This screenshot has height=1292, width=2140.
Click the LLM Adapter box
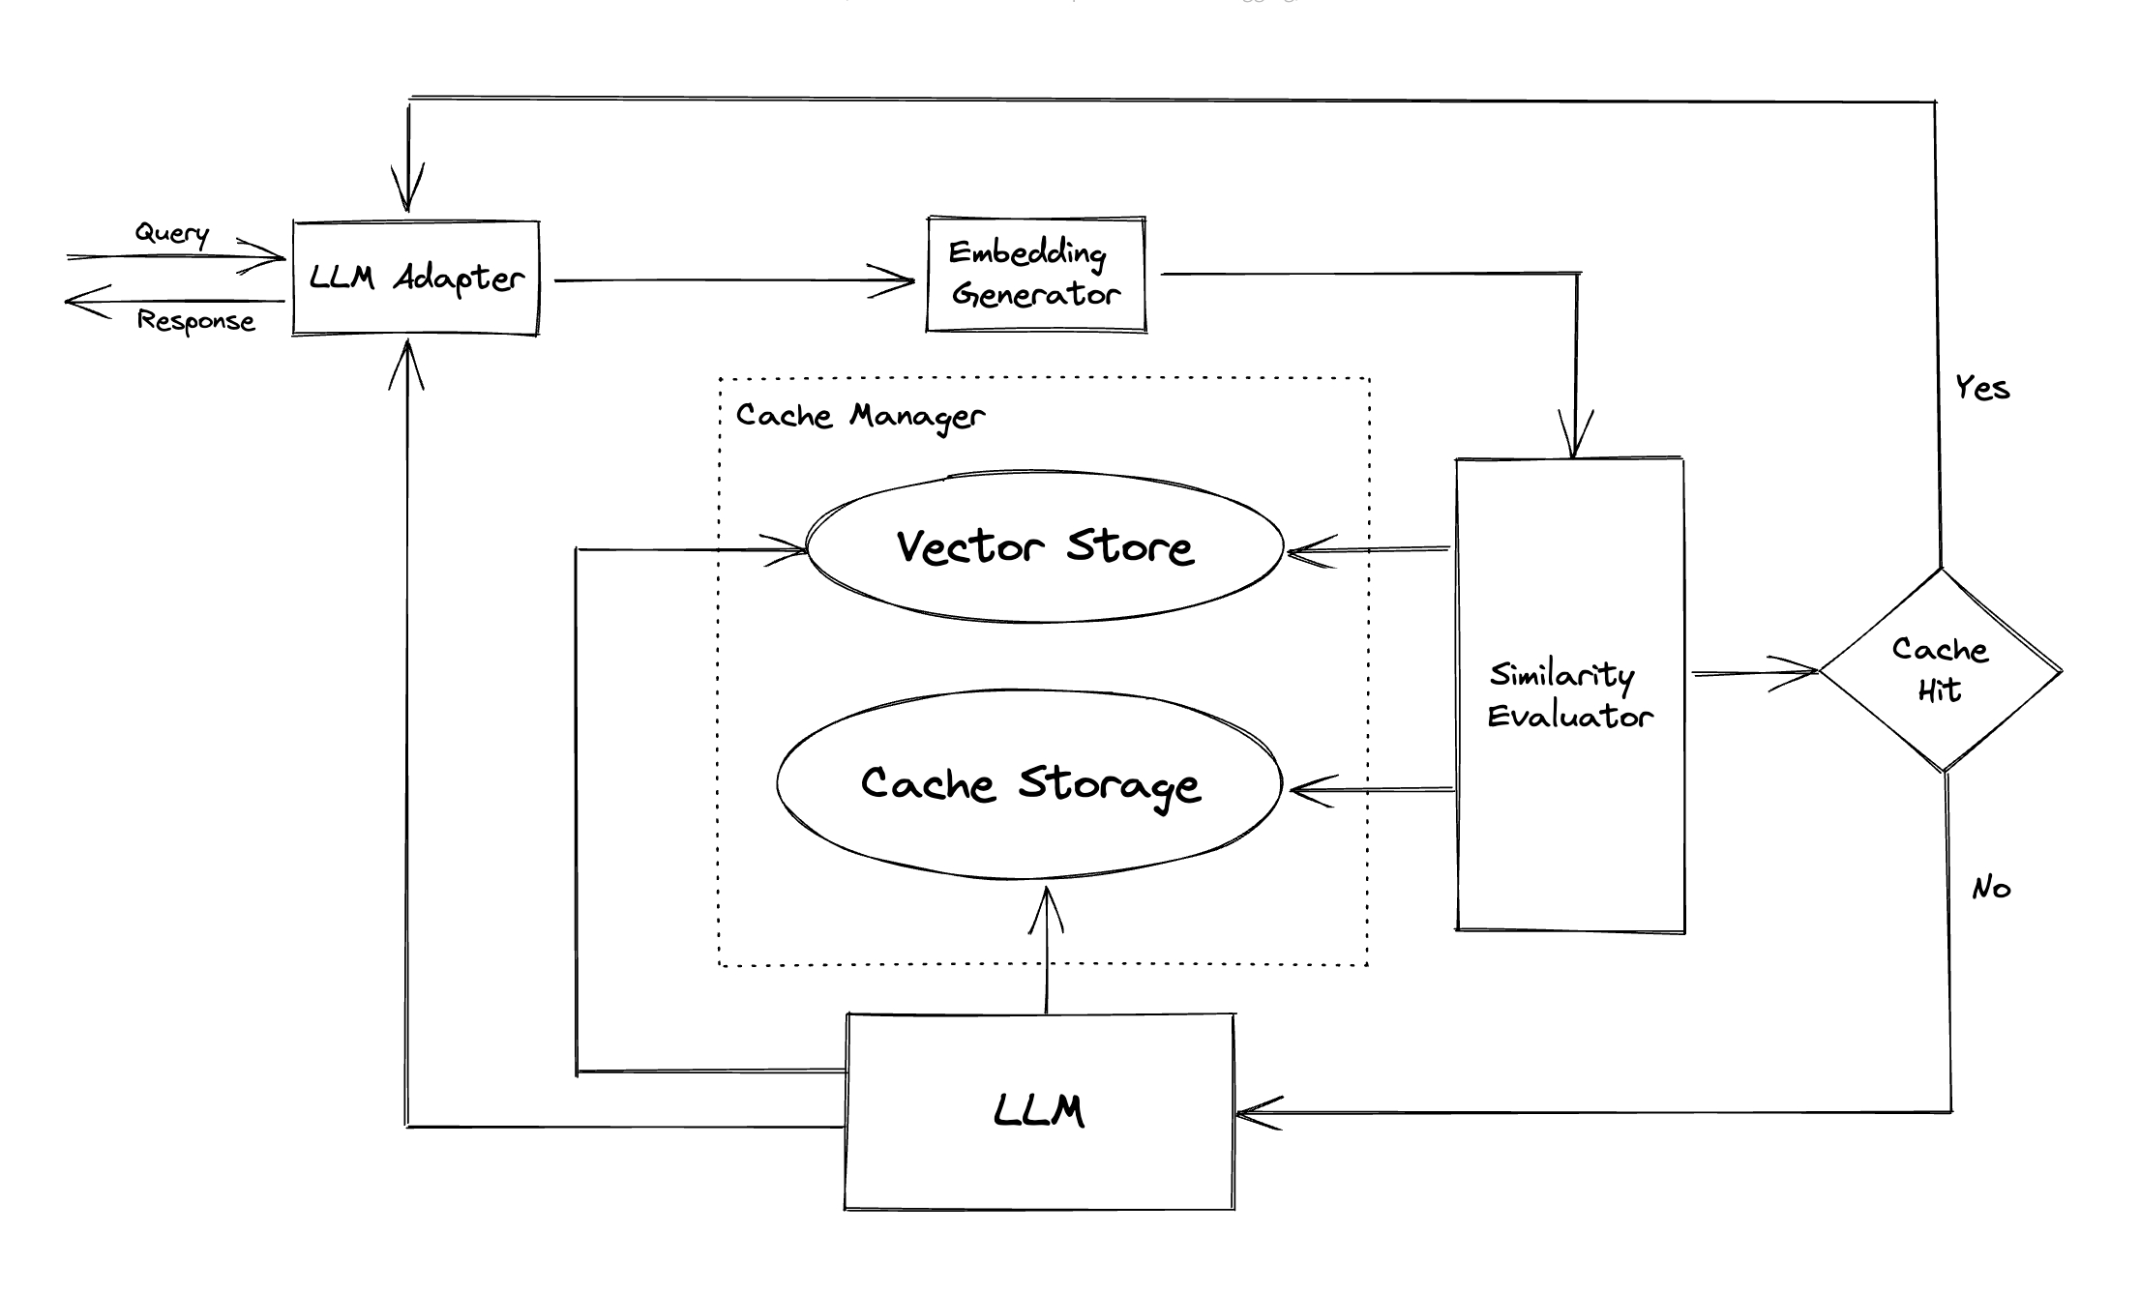[x=416, y=279]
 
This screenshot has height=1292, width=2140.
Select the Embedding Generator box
[x=1035, y=275]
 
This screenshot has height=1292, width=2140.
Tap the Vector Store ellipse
[x=1045, y=547]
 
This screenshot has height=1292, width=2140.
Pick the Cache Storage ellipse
[x=1029, y=784]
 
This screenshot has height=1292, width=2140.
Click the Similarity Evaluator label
[x=1569, y=695]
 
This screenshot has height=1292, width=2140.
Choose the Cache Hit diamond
[x=1941, y=669]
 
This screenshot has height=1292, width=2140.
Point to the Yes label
[x=1981, y=389]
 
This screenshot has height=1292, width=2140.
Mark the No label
[x=1991, y=888]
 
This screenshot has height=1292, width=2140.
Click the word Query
[x=172, y=233]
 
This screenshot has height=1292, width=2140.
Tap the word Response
[x=195, y=321]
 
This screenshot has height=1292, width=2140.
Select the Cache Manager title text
[x=859, y=416]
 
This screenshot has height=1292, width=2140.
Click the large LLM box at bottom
[x=1039, y=1111]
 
